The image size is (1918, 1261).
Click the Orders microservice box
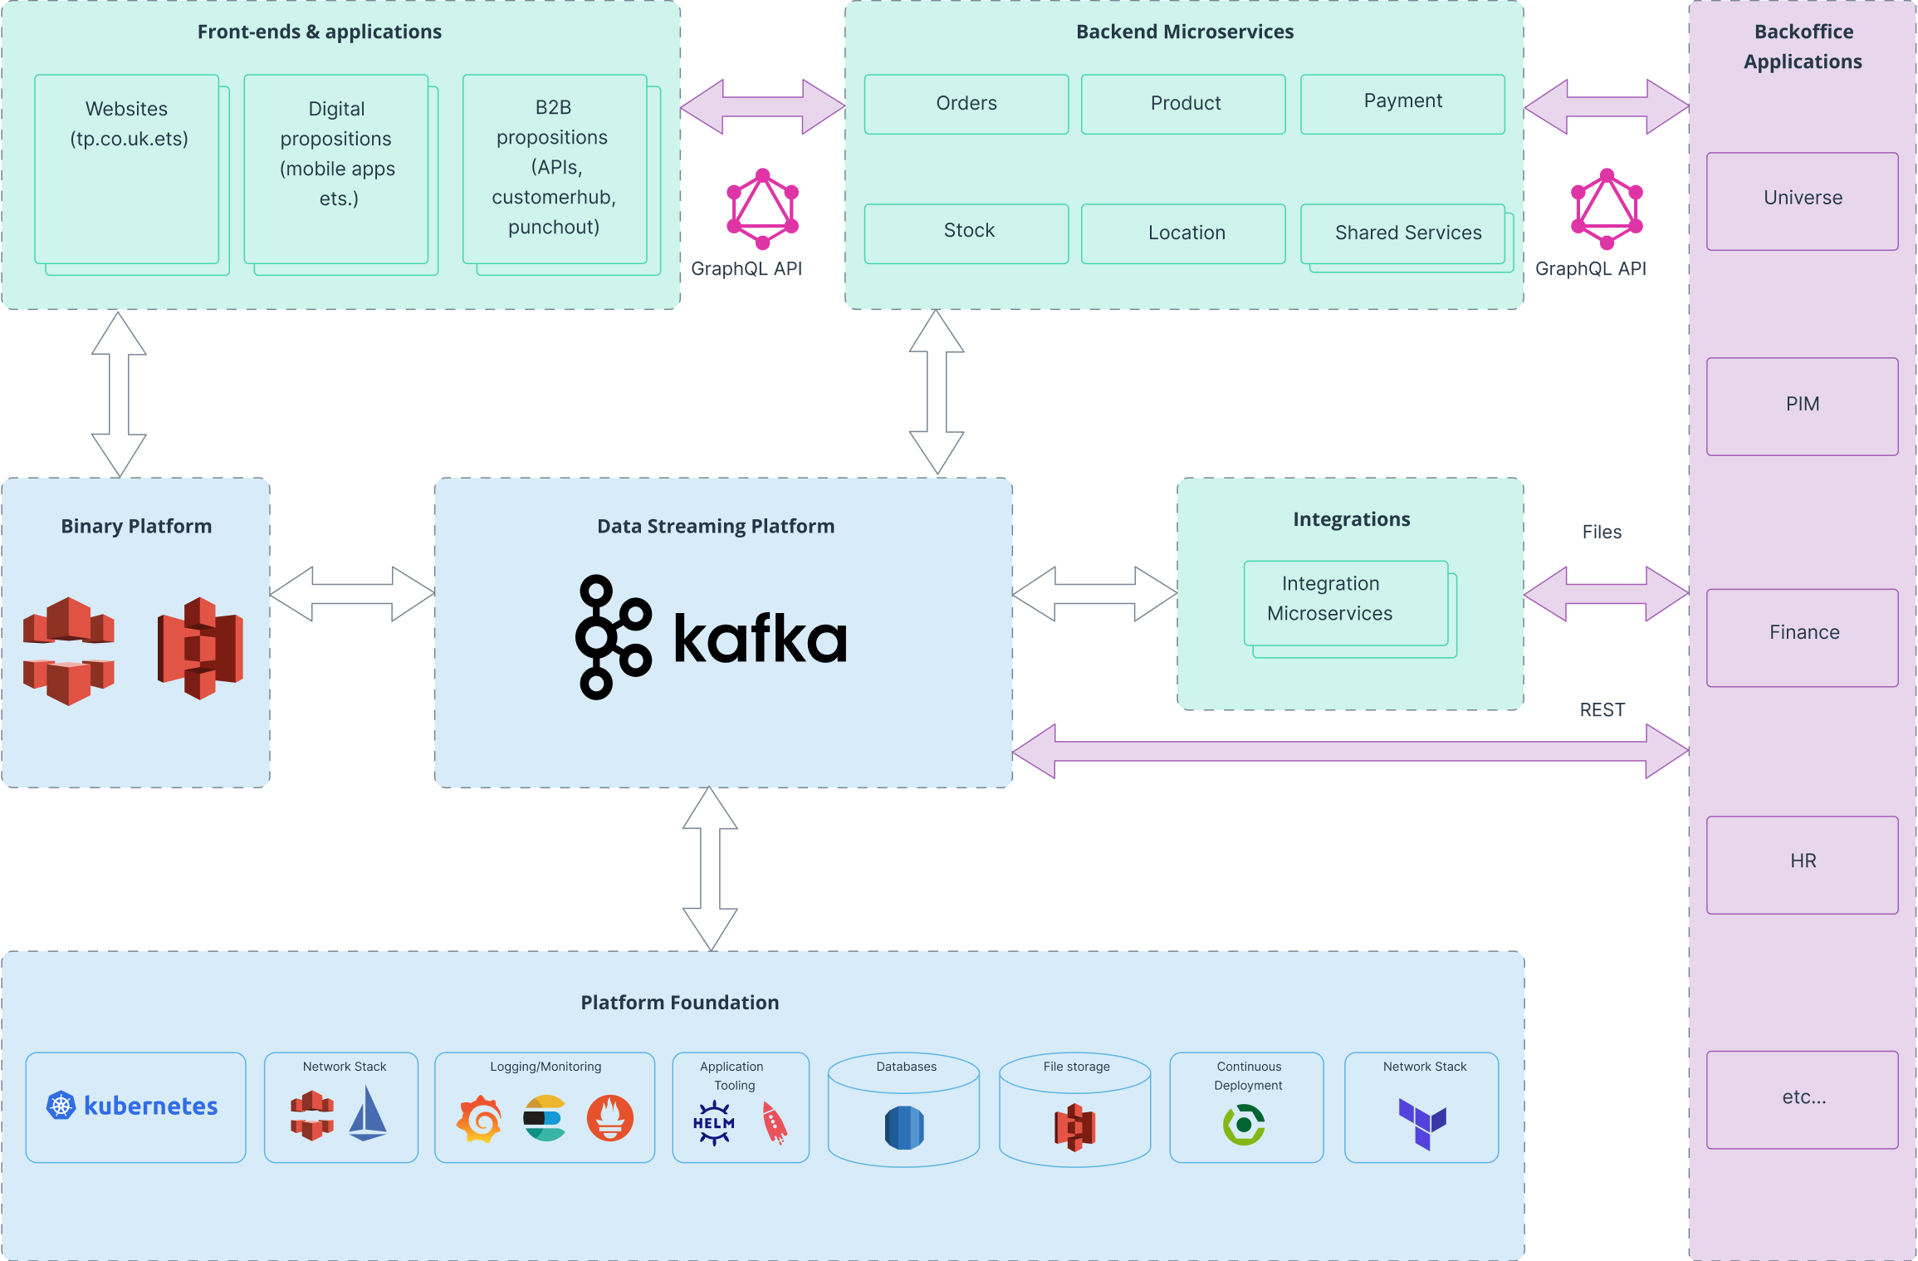point(966,104)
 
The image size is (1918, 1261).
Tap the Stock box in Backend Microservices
point(966,233)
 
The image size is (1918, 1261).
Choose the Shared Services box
point(1403,233)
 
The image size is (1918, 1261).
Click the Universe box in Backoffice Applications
point(1802,200)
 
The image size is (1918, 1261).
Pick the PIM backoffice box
point(1802,405)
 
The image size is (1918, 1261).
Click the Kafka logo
point(712,637)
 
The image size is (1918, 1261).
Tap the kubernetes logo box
point(135,1106)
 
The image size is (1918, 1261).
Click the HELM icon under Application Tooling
point(713,1123)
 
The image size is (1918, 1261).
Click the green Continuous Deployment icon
point(1244,1124)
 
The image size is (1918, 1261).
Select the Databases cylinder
point(904,1111)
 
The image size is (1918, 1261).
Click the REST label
point(1602,710)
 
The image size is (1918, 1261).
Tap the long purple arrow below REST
point(1349,751)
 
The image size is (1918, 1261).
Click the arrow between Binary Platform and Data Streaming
point(352,593)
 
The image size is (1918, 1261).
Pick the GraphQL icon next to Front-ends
point(762,209)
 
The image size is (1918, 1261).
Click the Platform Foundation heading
point(679,1003)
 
